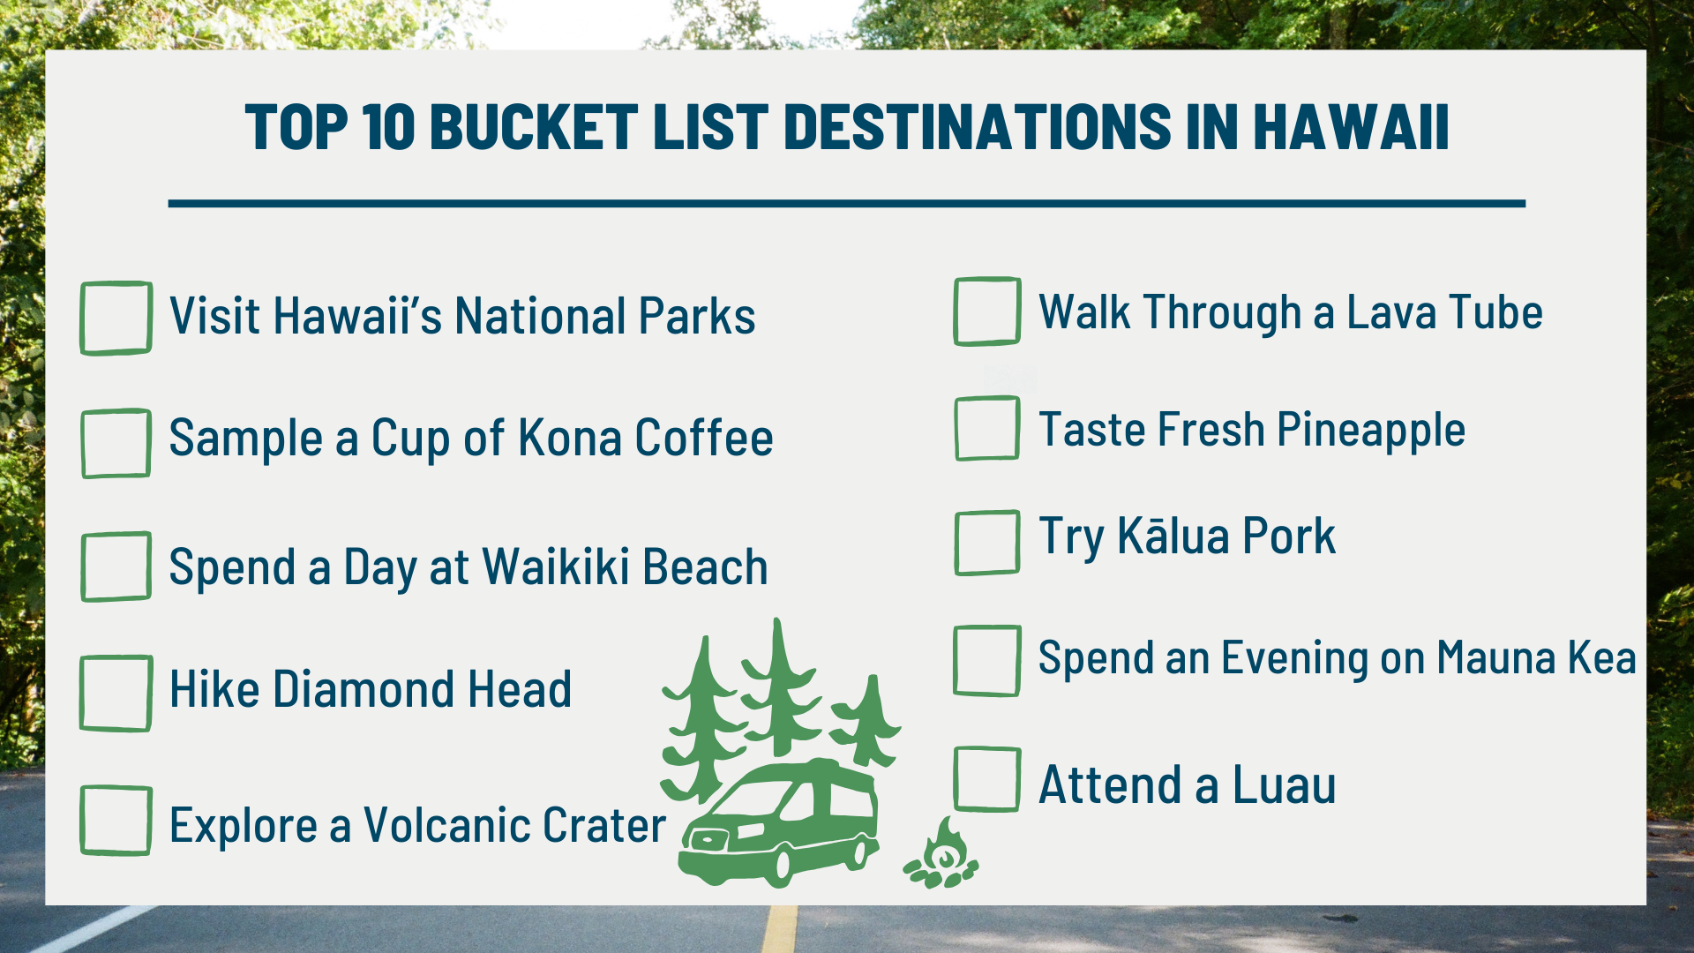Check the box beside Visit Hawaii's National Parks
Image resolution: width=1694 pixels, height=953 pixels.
point(116,318)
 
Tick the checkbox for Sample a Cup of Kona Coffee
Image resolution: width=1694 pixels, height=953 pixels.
point(116,443)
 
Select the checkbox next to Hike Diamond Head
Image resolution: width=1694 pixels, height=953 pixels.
point(116,693)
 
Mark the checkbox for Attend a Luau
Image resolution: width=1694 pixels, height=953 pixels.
point(987,779)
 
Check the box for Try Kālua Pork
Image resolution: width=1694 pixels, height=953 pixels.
point(987,543)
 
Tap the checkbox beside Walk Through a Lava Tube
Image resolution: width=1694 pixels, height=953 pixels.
point(987,311)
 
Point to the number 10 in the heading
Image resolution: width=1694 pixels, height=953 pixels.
point(388,127)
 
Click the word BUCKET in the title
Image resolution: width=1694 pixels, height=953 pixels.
point(533,127)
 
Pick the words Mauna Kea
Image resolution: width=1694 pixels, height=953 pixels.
point(1536,658)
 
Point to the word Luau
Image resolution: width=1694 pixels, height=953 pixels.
point(1284,785)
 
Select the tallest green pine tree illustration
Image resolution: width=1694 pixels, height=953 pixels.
point(779,688)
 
